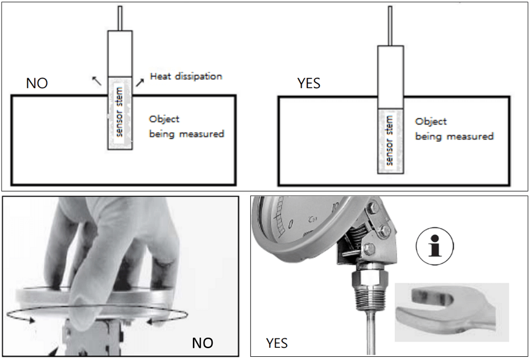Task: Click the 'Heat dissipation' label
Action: (185, 76)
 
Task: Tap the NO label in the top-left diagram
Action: (37, 84)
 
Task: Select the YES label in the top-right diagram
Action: (308, 83)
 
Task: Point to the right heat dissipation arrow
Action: (139, 81)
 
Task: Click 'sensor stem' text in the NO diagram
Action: (120, 112)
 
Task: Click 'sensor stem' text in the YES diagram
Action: (390, 139)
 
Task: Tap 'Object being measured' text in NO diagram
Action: (186, 126)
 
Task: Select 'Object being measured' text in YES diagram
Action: (454, 128)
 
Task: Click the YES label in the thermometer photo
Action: (277, 343)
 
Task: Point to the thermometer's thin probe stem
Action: (369, 334)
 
